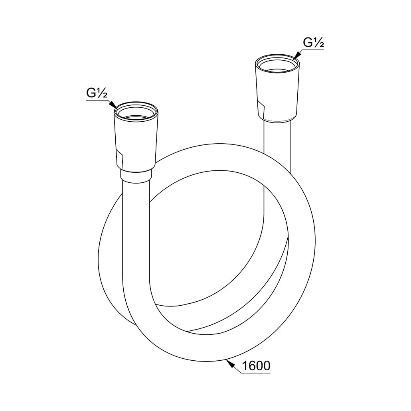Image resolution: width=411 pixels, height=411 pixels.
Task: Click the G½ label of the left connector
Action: click(97, 93)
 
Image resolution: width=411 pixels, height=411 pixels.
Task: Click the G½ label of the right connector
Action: click(314, 42)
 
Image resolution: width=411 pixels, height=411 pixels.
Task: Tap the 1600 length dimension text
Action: click(256, 366)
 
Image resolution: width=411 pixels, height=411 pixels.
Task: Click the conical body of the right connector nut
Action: click(277, 92)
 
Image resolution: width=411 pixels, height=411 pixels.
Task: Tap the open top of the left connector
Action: click(136, 111)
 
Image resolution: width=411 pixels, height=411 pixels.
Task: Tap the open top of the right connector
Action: click(277, 63)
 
